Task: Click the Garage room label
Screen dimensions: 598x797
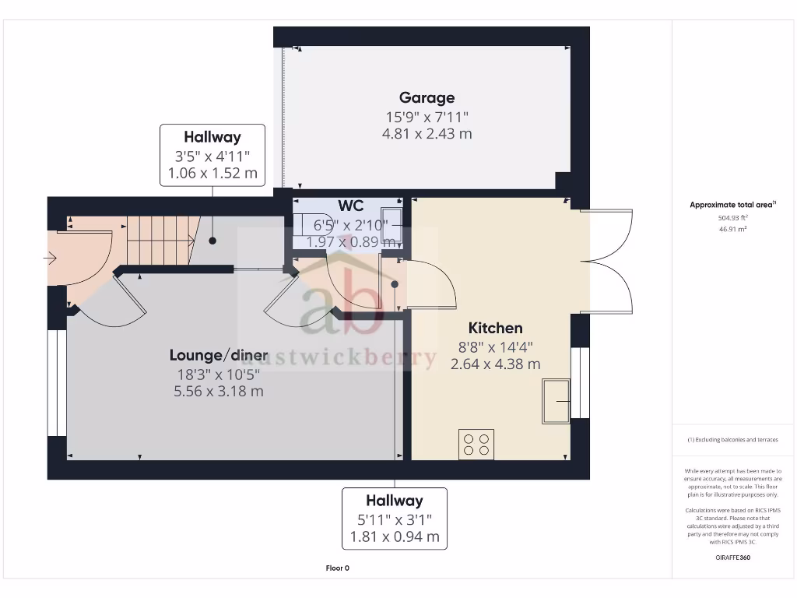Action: point(427,98)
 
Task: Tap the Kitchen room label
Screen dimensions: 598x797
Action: point(495,328)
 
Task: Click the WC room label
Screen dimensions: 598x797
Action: point(350,206)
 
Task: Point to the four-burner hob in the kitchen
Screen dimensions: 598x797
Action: point(476,444)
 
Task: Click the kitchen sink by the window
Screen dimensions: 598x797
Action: point(557,400)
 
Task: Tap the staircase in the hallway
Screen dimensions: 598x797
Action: point(160,231)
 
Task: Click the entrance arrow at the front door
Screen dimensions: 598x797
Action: point(52,259)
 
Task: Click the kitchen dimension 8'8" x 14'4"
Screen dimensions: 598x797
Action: point(495,347)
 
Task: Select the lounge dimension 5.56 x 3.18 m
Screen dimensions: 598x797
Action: point(219,391)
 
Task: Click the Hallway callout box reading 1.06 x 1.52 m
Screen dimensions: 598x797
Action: point(212,155)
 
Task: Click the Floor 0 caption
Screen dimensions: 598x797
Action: point(337,568)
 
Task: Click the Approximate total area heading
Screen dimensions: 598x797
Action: point(732,205)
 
